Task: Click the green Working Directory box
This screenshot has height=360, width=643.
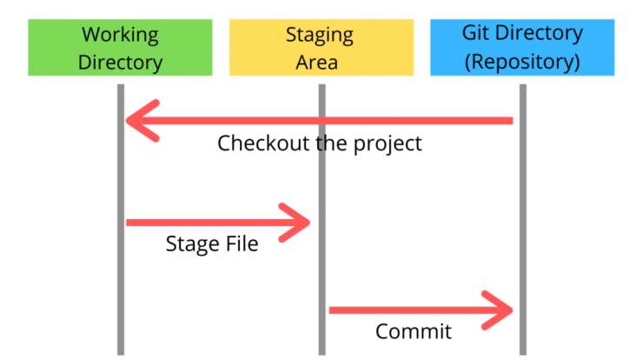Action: (120, 47)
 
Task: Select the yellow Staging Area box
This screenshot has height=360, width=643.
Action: (321, 47)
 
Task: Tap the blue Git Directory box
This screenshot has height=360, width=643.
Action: (522, 47)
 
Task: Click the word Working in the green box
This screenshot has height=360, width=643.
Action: (120, 36)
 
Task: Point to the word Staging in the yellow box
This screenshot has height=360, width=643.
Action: (320, 36)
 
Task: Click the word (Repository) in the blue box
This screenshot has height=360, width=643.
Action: (522, 62)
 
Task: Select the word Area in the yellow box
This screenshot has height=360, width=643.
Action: (317, 63)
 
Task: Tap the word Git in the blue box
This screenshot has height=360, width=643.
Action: (475, 33)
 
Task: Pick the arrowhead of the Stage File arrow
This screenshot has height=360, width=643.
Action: (295, 223)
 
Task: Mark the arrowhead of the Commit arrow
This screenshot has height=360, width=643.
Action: (497, 310)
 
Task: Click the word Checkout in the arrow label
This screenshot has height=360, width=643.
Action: (263, 143)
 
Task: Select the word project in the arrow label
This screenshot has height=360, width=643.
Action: (388, 144)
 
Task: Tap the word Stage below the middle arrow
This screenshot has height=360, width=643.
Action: (193, 244)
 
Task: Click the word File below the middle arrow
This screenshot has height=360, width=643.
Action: (242, 243)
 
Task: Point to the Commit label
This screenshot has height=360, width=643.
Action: (414, 331)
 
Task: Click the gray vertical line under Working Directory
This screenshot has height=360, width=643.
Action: (121, 220)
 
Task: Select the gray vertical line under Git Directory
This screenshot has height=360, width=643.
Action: (523, 220)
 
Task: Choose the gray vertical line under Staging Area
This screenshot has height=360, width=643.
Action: (321, 220)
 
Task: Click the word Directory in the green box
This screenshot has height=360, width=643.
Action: (120, 63)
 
